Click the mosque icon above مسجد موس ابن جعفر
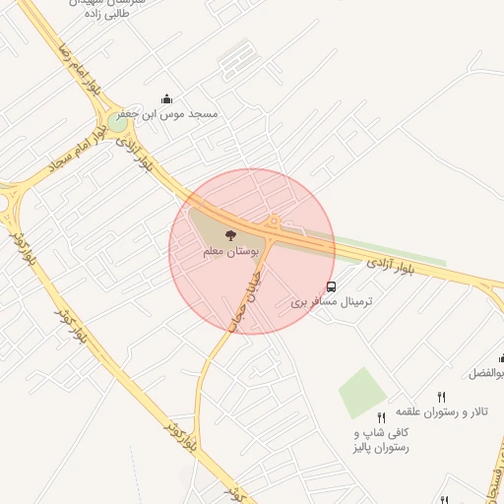165,98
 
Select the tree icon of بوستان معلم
230,236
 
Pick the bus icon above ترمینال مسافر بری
332,287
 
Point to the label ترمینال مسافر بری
332,302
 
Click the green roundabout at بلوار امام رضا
118,124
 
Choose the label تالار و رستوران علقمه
429,409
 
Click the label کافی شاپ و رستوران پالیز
380,439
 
